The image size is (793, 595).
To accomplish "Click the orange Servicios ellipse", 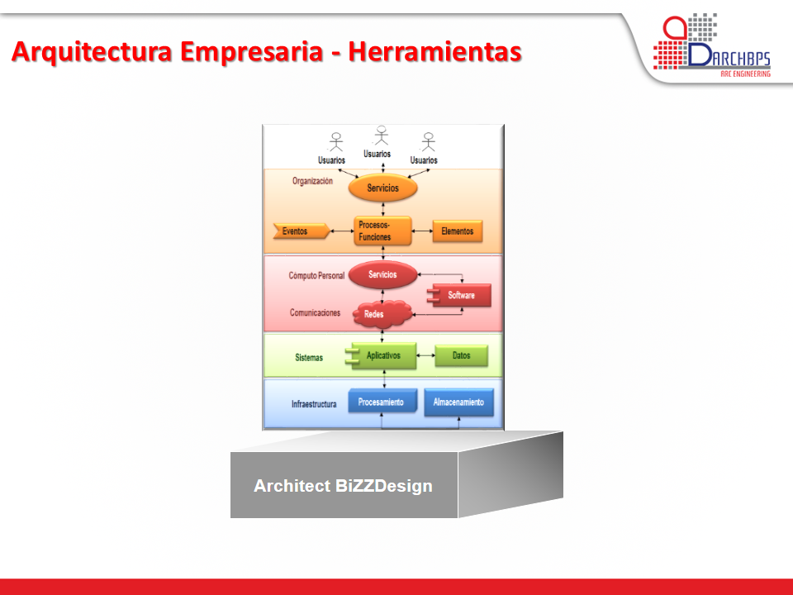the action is click(382, 188).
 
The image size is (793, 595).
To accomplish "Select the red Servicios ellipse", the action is click(382, 274).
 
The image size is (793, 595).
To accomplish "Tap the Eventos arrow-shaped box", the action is click(302, 231).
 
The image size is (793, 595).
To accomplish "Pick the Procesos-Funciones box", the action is click(382, 231).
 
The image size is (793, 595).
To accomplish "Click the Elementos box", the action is click(458, 231).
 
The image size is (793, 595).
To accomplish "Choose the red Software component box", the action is click(459, 295).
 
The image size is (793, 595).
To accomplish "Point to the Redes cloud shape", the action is click(382, 314).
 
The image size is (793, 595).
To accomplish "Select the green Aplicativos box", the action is click(381, 355).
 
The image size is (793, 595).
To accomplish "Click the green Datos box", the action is click(461, 355).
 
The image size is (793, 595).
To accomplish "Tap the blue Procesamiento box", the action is click(382, 402).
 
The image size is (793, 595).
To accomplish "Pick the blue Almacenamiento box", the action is click(458, 402).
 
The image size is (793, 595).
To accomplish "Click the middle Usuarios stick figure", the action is click(382, 136).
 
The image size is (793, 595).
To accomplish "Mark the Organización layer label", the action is click(312, 181).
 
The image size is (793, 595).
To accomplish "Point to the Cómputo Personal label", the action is click(316, 276).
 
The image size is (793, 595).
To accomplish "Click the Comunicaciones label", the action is click(315, 312).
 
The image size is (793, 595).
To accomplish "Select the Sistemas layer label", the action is click(309, 358).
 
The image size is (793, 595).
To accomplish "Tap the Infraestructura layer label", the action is click(314, 404).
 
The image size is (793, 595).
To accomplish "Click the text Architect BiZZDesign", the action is click(343, 486).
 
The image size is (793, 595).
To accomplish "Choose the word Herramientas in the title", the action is click(435, 51).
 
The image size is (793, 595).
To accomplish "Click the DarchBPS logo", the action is click(711, 45).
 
